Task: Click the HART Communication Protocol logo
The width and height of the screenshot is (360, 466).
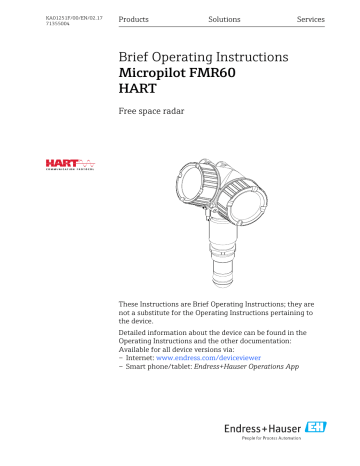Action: pos(67,164)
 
